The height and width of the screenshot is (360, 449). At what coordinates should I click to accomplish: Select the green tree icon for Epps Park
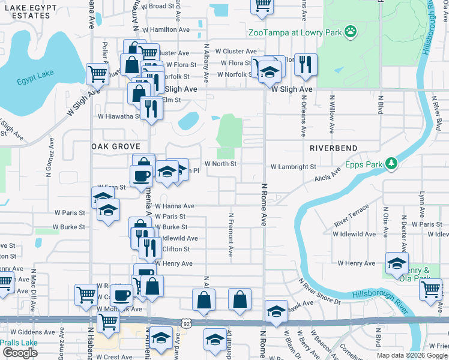391,163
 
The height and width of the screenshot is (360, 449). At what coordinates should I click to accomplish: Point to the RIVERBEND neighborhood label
334,148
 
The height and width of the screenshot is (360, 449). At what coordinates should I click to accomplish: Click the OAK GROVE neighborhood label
115,146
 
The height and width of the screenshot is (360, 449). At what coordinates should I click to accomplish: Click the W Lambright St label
293,167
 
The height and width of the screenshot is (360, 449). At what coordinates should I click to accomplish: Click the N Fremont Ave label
231,234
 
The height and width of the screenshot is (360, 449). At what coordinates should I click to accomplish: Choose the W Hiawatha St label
118,116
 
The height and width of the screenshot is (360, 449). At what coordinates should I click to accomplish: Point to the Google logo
20,353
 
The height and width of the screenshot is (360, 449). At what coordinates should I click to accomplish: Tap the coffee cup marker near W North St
142,176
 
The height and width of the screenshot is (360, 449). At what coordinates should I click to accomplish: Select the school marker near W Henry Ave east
397,264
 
